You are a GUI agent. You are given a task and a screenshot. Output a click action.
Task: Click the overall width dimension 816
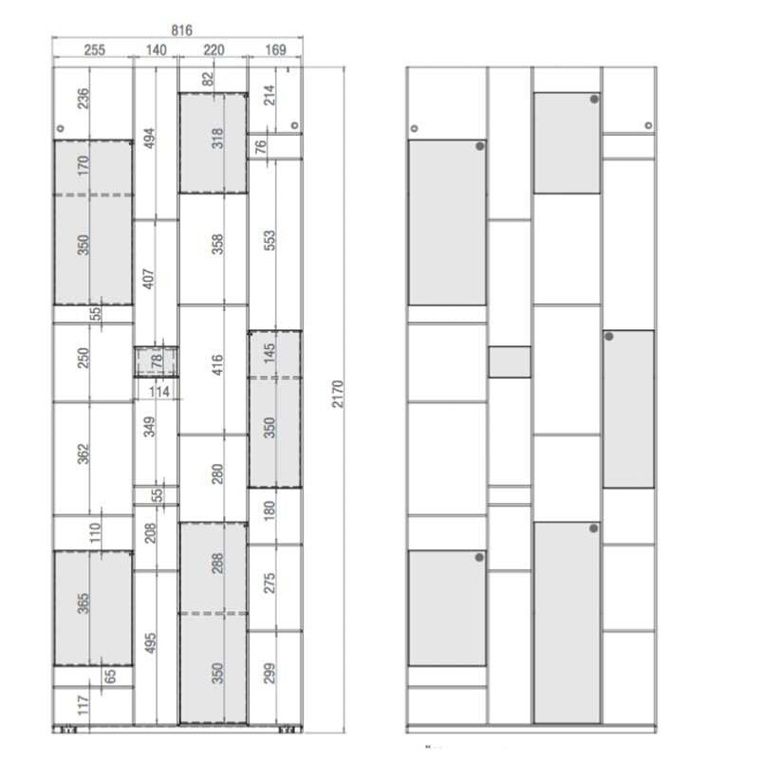point(181,30)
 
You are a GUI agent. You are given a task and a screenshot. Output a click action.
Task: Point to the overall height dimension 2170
point(338,394)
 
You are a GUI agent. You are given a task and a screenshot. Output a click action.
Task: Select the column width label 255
point(94,50)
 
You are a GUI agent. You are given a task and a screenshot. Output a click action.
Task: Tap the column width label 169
point(275,50)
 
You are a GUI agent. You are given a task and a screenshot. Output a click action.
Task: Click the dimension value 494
point(150,139)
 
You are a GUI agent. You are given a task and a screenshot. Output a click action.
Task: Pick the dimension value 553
point(269,240)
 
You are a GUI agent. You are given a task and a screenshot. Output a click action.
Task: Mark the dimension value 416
point(217,365)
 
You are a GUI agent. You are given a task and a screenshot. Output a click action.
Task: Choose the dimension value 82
point(208,79)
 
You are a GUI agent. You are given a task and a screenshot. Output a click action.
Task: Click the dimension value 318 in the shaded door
point(218,139)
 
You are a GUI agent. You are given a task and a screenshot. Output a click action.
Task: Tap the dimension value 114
point(159,391)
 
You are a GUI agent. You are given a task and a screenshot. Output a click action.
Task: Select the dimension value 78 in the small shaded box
point(157,361)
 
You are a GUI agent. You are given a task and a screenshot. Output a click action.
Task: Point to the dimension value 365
point(83,603)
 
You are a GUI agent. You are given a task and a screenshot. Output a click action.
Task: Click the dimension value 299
point(269,674)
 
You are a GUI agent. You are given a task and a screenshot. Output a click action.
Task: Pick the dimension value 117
point(83,705)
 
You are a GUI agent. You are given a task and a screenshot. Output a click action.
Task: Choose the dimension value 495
point(150,643)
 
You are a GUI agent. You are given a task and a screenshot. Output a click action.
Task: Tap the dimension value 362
point(83,454)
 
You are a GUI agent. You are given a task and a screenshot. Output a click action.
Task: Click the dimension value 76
point(260,146)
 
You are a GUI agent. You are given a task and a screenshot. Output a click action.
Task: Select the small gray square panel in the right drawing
point(509,361)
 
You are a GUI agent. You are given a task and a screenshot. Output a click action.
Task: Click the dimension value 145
point(269,353)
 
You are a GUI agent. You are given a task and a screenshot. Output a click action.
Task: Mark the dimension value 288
point(217,564)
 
